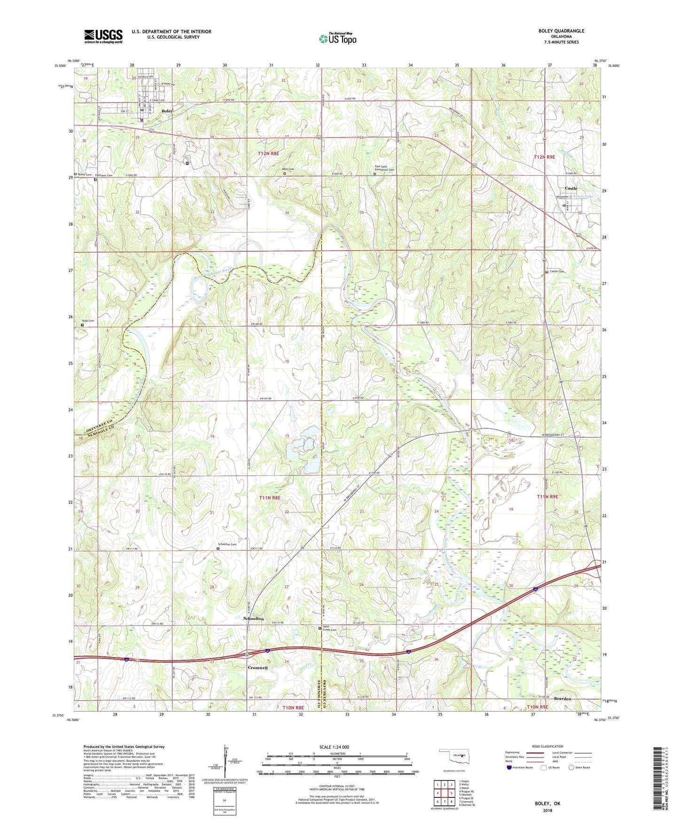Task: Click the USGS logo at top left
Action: (x=103, y=36)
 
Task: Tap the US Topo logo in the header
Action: (x=337, y=39)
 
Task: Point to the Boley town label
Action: (x=167, y=111)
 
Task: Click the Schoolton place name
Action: (x=253, y=619)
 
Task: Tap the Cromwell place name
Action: (x=258, y=667)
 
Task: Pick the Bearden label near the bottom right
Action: (x=562, y=699)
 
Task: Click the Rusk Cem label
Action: (x=88, y=321)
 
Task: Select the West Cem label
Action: (x=288, y=169)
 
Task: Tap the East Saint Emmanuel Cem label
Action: (x=384, y=170)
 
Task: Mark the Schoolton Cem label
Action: (x=226, y=545)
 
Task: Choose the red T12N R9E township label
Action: (x=545, y=157)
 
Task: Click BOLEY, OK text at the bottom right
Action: (x=547, y=804)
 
